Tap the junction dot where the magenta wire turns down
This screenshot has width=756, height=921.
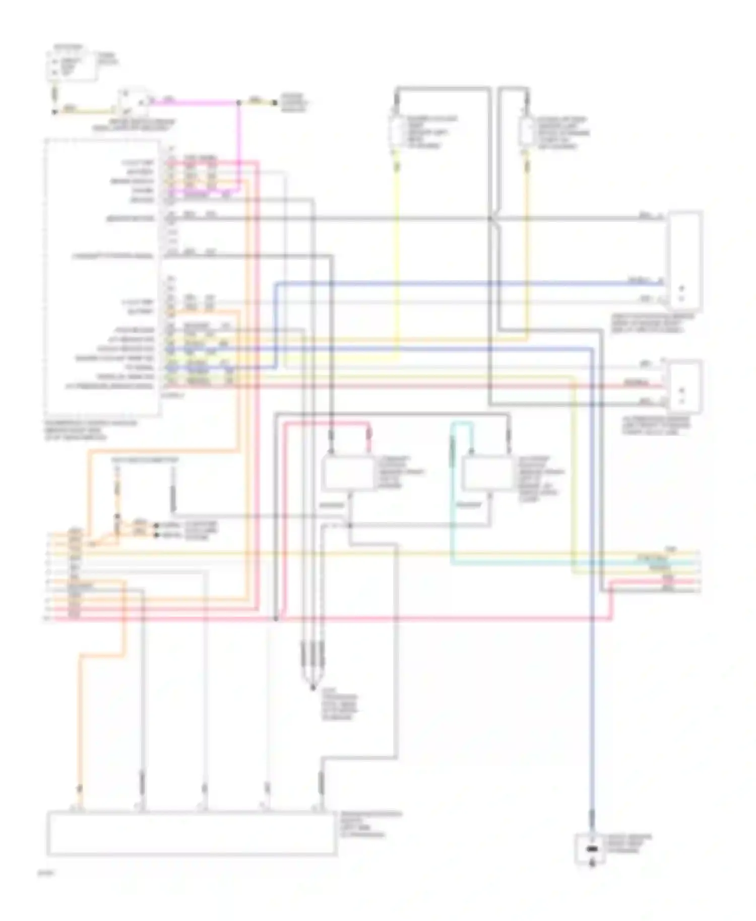(x=238, y=103)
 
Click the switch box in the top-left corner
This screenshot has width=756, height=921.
(x=72, y=64)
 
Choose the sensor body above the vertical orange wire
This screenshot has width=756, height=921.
(x=527, y=131)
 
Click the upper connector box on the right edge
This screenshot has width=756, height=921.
(x=684, y=260)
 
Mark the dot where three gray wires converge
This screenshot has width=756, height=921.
(x=312, y=687)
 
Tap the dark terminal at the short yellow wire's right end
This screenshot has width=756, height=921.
(x=275, y=103)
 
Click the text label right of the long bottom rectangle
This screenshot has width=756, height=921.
(x=370, y=824)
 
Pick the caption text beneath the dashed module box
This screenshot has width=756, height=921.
(x=91, y=430)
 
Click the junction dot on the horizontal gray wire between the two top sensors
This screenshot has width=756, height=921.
(x=489, y=218)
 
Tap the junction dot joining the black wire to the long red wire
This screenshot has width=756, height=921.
(x=276, y=618)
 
